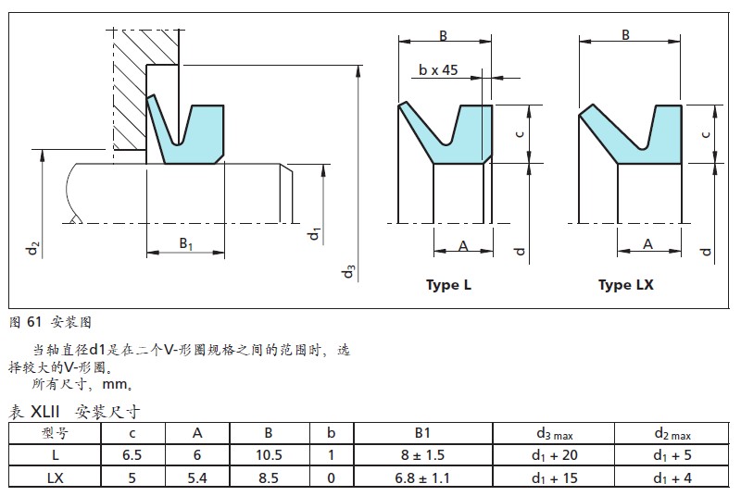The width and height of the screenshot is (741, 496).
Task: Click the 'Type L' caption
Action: [x=448, y=285]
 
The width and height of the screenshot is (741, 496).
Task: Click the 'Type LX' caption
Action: [x=625, y=285]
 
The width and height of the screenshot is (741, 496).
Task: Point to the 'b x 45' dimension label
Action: [x=438, y=69]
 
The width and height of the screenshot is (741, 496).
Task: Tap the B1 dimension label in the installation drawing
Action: [x=185, y=243]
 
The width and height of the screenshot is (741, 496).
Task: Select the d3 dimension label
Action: [x=347, y=271]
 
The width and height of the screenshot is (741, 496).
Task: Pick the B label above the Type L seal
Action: [x=443, y=35]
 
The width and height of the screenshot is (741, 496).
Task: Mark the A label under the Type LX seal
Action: [x=647, y=244]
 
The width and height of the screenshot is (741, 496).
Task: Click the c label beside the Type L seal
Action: [x=521, y=133]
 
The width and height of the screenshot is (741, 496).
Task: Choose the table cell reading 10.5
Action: [x=268, y=454]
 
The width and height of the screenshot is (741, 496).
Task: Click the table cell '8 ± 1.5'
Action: [x=422, y=454]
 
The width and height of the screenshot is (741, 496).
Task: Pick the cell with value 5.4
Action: [x=197, y=477]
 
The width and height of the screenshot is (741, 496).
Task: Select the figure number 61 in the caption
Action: [x=34, y=322]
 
